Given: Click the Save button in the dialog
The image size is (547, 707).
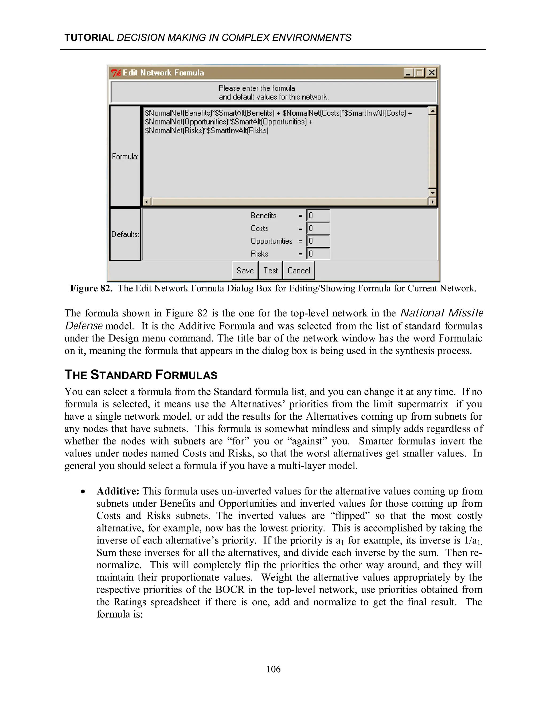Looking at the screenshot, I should click(245, 270).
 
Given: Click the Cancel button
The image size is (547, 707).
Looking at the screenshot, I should click(298, 270).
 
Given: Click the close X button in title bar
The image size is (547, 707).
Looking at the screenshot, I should click(431, 73).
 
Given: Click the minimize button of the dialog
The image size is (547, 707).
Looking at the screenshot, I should click(408, 73).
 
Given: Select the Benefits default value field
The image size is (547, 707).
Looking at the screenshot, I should click(318, 216).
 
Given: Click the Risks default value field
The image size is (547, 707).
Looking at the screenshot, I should click(318, 254).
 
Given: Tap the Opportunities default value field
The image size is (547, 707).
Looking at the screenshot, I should click(318, 241).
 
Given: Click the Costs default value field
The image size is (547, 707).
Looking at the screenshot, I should click(318, 229).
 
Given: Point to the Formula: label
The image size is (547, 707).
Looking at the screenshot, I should click(125, 157).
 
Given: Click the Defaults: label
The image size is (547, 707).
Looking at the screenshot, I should click(125, 234).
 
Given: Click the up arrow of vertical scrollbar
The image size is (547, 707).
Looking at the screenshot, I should click(432, 111).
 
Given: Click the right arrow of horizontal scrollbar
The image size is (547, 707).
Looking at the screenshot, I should click(432, 202).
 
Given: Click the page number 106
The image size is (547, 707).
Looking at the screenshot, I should click(273, 669).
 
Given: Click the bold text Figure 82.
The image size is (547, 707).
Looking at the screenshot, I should click(91, 288).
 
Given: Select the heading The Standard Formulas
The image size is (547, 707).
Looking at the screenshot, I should click(141, 375).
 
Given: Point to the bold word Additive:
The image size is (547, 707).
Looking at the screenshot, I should click(118, 491).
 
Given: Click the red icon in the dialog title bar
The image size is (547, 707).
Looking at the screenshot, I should click(116, 73).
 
